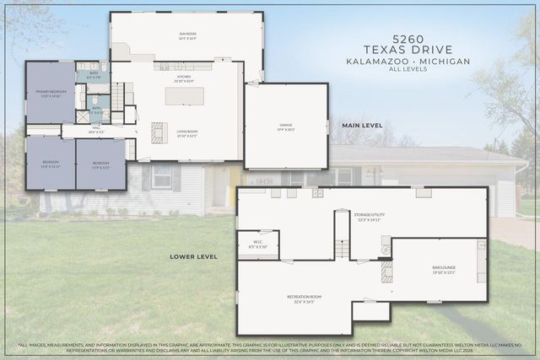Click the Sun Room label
(x=186, y=36)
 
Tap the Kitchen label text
(x=184, y=78)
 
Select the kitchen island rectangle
(x=184, y=96)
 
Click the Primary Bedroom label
(x=49, y=93)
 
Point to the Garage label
(x=286, y=127)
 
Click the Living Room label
(x=186, y=133)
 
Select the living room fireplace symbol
(x=158, y=133)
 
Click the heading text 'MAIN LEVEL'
(x=362, y=126)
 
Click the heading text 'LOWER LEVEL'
(x=193, y=255)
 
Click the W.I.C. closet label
(x=258, y=244)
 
